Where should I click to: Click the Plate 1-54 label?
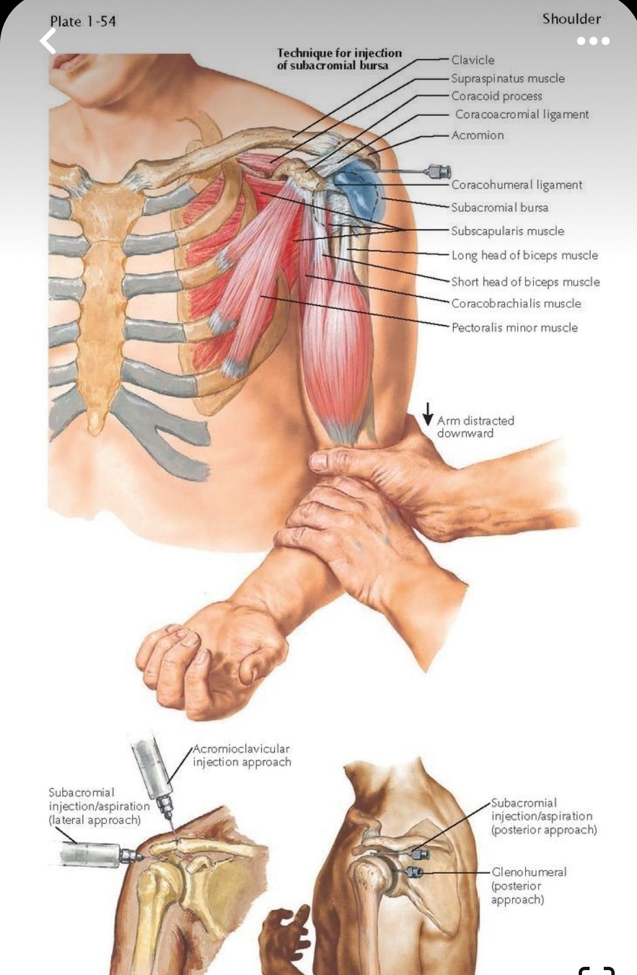83,21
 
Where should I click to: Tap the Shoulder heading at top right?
571,19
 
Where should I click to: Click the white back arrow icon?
48,41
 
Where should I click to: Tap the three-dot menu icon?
593,41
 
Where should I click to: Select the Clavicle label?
472,60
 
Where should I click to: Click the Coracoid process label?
496,97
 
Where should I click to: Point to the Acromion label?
477,135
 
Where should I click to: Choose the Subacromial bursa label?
500,208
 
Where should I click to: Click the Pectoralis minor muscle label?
514,328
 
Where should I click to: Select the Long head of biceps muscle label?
524,255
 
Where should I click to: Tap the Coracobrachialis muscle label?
516,304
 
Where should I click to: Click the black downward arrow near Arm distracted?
428,414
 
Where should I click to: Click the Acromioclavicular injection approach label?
241,755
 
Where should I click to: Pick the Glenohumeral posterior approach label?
529,886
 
